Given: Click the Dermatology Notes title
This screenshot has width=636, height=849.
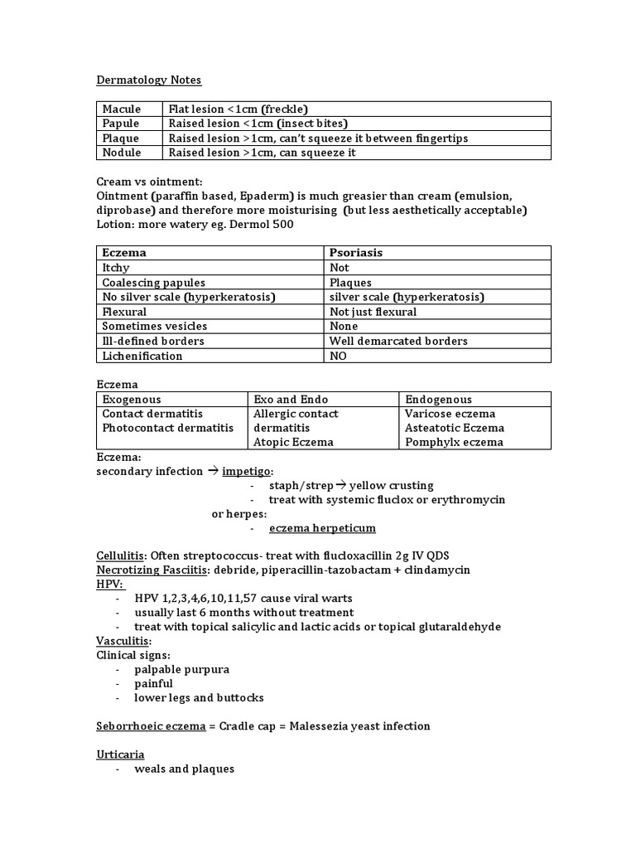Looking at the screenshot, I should [x=148, y=80].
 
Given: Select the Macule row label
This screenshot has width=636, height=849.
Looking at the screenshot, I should [x=121, y=109].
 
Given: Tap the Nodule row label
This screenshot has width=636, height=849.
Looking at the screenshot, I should [x=121, y=153].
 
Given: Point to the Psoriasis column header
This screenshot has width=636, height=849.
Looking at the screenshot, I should [x=356, y=253].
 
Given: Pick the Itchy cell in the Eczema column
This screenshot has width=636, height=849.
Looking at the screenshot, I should [x=117, y=268].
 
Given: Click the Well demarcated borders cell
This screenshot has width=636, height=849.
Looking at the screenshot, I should [x=398, y=341].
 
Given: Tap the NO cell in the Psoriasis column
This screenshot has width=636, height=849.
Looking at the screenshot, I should [x=339, y=356].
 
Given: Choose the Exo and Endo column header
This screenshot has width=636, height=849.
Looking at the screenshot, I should [x=291, y=399].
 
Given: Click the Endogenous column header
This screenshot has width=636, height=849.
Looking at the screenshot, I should [x=438, y=399].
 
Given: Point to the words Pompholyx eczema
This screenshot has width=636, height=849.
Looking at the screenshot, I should [x=454, y=442].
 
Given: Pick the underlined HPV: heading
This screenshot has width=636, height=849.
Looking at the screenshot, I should [x=109, y=584].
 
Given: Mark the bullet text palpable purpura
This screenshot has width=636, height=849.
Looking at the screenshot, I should [x=181, y=669].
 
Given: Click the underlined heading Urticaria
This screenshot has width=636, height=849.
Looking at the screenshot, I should [x=121, y=754].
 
